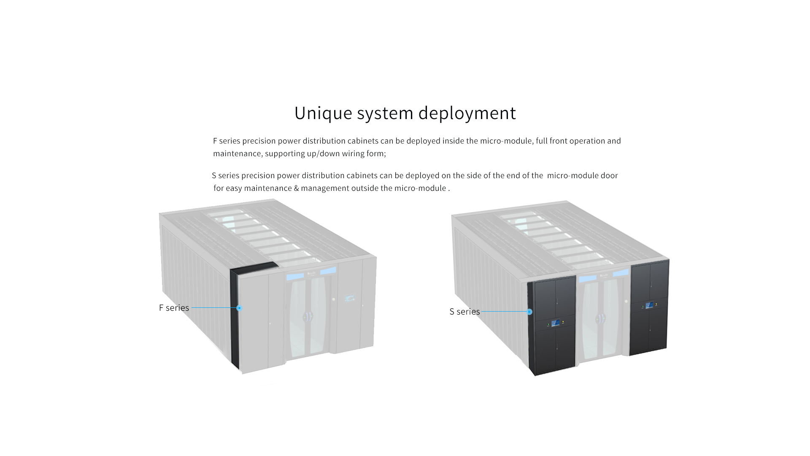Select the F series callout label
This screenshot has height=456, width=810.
174,308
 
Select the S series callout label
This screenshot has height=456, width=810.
464,312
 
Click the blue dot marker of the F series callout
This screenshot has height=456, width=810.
239,308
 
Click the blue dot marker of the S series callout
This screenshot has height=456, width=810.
529,312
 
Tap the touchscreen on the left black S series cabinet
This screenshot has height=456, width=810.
556,323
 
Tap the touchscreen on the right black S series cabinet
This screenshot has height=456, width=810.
649,305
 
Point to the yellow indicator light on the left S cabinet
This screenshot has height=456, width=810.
563,322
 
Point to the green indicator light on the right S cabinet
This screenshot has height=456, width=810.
643,307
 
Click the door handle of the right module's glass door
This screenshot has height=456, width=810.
600,319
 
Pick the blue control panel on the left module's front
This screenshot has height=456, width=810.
350,298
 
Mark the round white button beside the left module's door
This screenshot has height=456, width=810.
333,299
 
